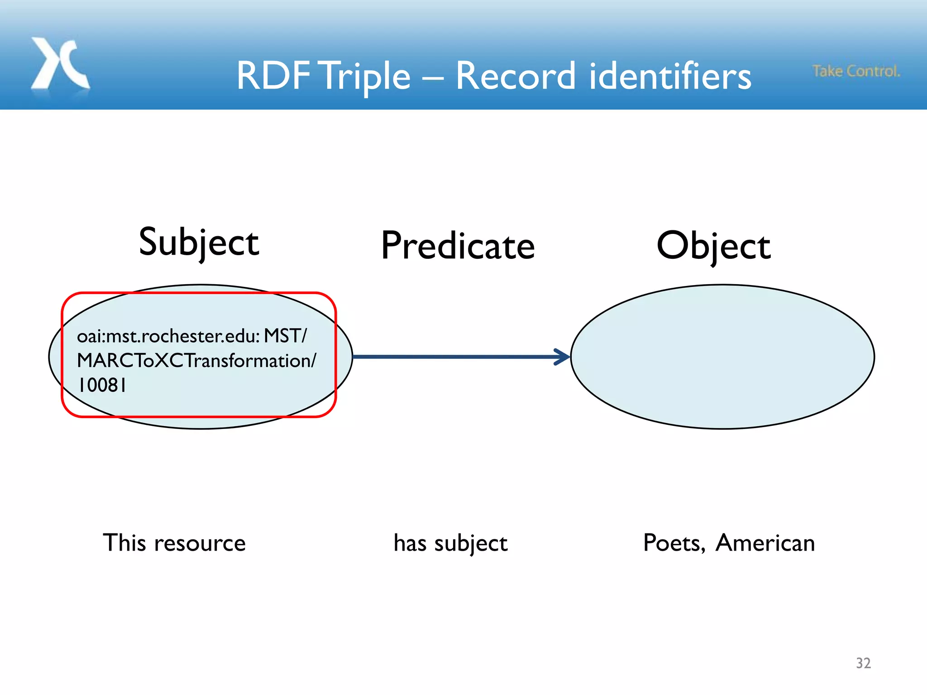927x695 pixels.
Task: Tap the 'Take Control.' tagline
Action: click(856, 71)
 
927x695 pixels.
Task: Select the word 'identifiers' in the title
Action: click(670, 76)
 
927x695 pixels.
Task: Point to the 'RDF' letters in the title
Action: click(273, 76)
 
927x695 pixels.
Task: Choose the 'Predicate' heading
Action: click(458, 246)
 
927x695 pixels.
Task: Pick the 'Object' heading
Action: click(713, 246)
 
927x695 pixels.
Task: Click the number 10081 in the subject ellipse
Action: click(102, 386)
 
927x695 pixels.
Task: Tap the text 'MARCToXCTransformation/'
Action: click(196, 361)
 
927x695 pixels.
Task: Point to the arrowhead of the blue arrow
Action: click(563, 357)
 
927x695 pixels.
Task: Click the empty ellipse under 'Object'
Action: click(722, 357)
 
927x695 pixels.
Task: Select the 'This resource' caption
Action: click(174, 543)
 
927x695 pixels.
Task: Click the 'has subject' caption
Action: click(450, 543)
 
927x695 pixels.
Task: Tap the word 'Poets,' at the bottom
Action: click(674, 543)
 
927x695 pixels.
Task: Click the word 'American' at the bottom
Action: click(765, 543)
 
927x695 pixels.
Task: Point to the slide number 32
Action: click(863, 663)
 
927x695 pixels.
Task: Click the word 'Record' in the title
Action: click(516, 76)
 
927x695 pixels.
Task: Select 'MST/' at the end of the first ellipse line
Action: click(286, 336)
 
